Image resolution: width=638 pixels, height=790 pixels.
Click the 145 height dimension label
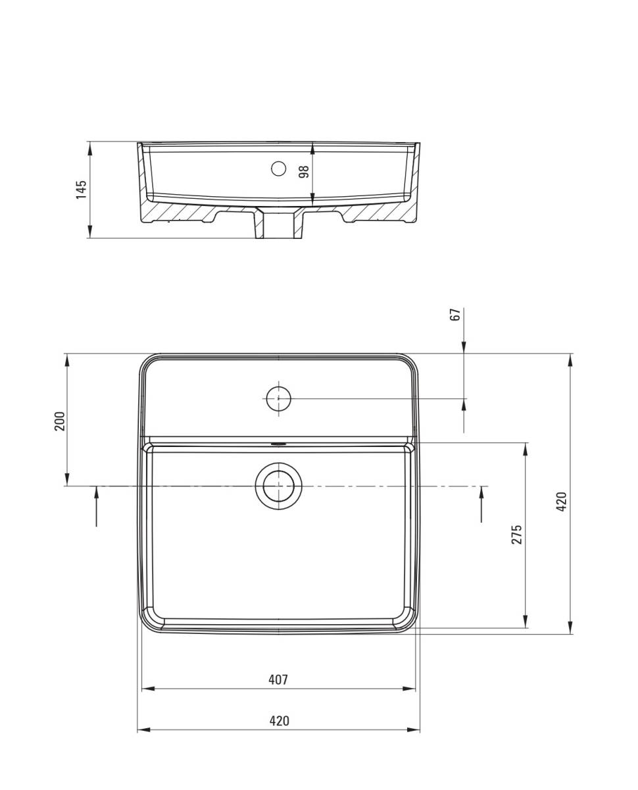[81, 190]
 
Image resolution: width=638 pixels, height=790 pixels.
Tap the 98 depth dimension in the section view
[304, 172]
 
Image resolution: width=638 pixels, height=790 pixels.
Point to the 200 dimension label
[60, 421]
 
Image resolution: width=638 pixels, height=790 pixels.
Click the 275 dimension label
[516, 535]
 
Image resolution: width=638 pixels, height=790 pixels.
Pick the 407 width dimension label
[278, 679]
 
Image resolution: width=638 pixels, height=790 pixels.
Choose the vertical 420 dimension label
[562, 502]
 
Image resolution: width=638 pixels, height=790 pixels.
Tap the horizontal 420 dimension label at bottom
[279, 721]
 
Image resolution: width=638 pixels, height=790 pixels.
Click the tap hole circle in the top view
[279, 398]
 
